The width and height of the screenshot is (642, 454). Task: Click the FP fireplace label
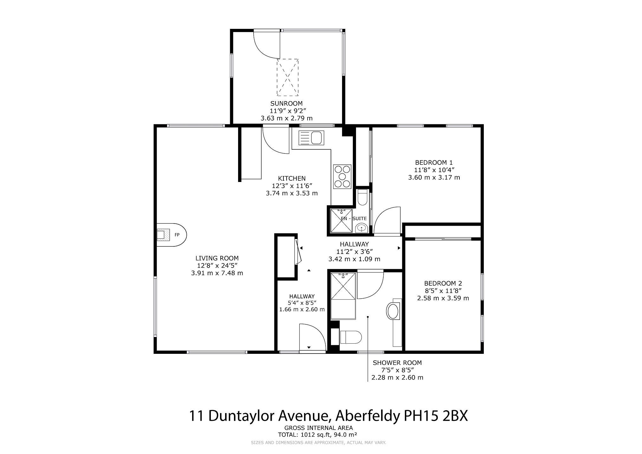tap(177, 235)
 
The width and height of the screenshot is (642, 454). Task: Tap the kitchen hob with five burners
tap(342, 177)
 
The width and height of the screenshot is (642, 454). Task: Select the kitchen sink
tap(310, 138)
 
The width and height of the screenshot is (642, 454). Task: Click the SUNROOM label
tap(286, 103)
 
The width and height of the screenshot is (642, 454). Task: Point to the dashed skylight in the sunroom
tap(288, 77)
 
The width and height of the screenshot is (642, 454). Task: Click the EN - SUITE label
tap(353, 218)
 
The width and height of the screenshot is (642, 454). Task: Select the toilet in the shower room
tap(351, 337)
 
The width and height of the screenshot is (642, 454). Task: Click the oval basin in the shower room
tap(393, 311)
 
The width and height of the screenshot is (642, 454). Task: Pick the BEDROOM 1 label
tap(434, 163)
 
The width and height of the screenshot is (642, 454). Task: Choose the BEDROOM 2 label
tap(443, 283)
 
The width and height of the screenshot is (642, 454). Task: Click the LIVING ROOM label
tap(217, 258)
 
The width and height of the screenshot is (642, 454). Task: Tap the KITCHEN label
tap(292, 178)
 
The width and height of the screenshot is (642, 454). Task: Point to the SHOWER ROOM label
tap(397, 363)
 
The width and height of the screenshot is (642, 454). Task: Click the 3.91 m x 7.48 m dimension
tap(217, 273)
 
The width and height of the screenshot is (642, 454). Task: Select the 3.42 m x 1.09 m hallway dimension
tap(354, 259)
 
